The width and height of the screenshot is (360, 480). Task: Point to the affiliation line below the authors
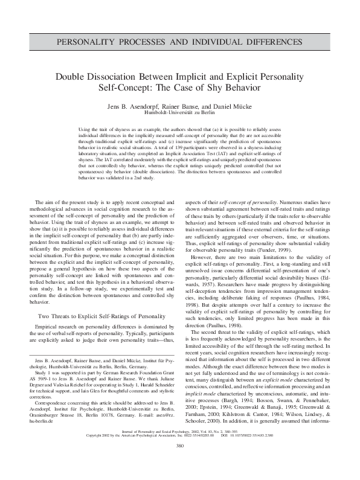(x=179, y=113)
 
